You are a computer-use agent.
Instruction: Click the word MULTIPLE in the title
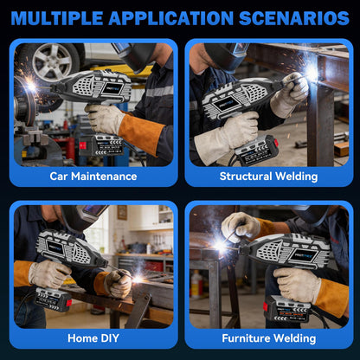tap(57, 18)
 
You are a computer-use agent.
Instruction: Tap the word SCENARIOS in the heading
tap(294, 18)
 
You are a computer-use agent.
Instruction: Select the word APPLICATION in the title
tap(171, 18)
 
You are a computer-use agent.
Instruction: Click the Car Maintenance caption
tap(93, 177)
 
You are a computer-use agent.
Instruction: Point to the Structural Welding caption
tap(268, 177)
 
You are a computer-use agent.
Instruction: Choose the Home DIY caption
tap(93, 338)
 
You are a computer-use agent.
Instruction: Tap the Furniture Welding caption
tap(269, 338)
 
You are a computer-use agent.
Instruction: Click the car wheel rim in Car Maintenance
tap(52, 61)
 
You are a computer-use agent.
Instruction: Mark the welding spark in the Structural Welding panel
tap(312, 71)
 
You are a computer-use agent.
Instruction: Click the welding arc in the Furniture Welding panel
tap(220, 246)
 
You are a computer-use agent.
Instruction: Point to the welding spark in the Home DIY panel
tap(138, 280)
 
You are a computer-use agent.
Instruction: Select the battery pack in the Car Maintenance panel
tap(101, 145)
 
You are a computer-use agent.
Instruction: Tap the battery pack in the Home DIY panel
tap(53, 300)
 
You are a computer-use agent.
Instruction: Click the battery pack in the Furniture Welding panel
tap(286, 309)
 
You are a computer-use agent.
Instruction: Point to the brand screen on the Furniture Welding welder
tap(302, 255)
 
